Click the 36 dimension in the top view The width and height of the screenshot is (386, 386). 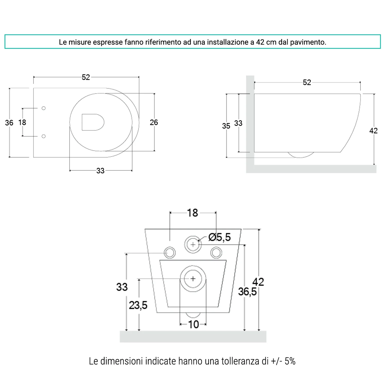pos(9,123)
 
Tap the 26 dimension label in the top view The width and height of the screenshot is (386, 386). pos(154,122)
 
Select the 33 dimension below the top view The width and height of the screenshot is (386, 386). pos(100,171)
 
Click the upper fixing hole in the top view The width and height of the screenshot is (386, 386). pos(44,108)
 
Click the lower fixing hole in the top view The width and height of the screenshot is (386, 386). pos(44,136)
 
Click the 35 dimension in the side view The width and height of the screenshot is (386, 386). pos(226,126)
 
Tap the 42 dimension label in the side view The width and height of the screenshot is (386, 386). pos(373,131)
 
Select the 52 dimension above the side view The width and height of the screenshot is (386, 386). pos(307,82)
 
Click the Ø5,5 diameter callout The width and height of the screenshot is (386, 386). pos(220,237)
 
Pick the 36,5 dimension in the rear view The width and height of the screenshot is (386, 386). pos(247,292)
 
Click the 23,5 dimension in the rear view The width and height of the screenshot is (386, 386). pos(138,305)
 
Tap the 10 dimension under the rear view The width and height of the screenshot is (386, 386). pos(193,324)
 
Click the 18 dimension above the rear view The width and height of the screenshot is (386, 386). pos(192,213)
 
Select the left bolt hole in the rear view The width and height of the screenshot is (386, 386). pos(170,253)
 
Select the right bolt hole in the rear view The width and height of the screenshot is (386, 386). pos(216,253)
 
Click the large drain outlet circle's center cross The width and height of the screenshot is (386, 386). pos(193,279)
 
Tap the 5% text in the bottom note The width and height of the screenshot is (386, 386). pos(290,361)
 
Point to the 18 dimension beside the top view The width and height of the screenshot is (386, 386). pos(22,122)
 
